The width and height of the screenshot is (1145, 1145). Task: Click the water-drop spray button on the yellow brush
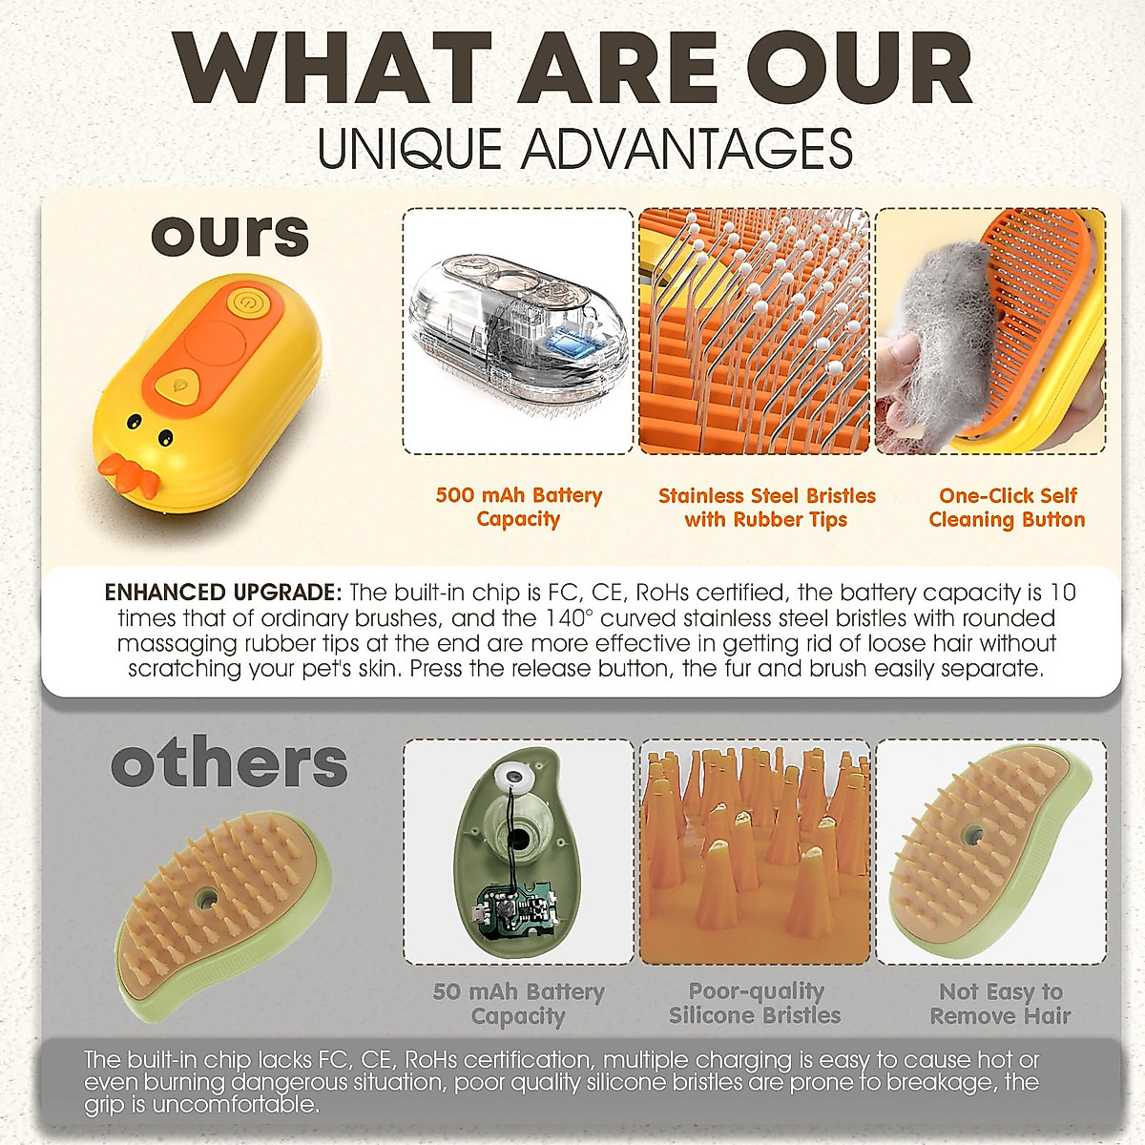177,385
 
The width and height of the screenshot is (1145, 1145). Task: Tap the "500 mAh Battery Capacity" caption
519,507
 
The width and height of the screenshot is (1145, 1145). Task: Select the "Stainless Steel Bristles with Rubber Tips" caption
766,508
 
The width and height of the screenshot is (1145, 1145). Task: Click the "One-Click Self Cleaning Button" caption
1008,508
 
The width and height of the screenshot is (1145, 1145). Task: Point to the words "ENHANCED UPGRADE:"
223,593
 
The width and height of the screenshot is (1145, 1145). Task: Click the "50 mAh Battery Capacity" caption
518,1004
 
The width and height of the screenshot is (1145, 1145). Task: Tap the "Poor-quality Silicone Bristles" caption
755,1003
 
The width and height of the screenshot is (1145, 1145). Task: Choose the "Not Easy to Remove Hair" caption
1001,1004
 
